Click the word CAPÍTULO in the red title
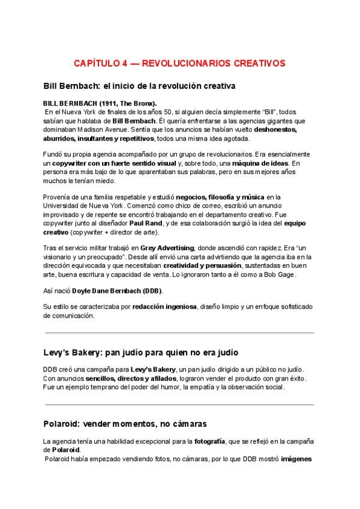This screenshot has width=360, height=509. coord(96,62)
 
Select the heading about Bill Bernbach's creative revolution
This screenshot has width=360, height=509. coord(139,85)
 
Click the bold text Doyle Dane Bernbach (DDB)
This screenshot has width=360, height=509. coord(117,291)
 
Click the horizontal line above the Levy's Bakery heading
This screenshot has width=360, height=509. coord(179,333)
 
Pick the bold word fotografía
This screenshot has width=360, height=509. coord(209,442)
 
